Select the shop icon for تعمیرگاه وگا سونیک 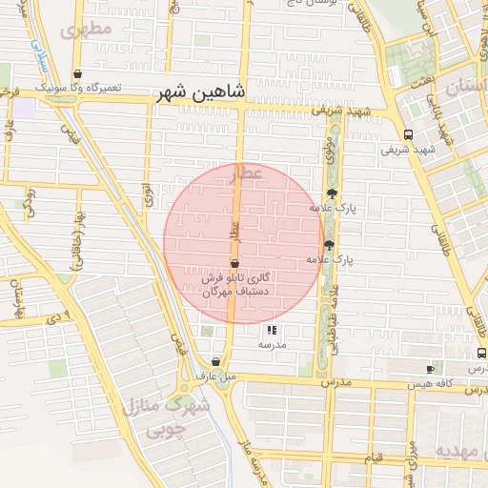pos(77,73)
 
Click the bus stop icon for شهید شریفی pos(408,134)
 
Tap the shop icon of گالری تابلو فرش pos(234,264)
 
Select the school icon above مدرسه pos(272,331)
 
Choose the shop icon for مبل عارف pos(217,362)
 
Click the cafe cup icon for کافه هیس pos(430,368)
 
